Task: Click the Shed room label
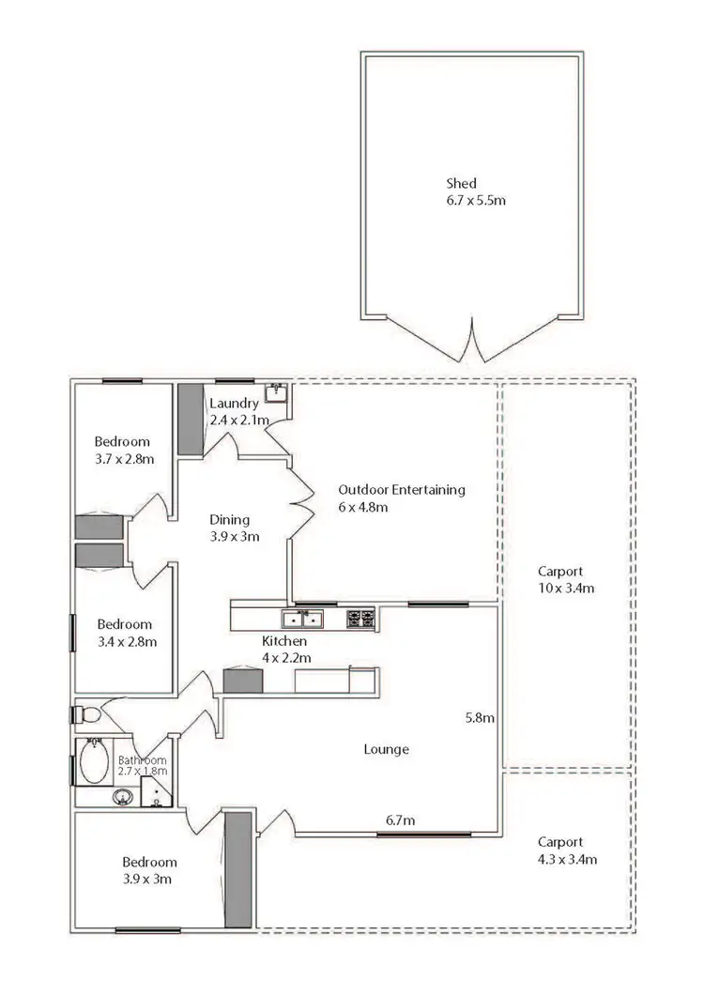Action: click(x=476, y=191)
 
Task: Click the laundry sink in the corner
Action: click(x=276, y=392)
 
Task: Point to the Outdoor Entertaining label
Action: click(x=402, y=497)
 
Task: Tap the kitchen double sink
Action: click(x=304, y=619)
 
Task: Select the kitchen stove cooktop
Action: click(x=360, y=619)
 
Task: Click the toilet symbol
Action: click(x=87, y=715)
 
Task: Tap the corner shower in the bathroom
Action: click(x=158, y=796)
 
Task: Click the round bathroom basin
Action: click(x=122, y=799)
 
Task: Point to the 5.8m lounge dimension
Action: click(x=480, y=718)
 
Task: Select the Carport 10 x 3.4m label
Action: click(x=566, y=579)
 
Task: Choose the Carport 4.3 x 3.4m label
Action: click(x=566, y=850)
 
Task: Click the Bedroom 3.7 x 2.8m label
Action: click(x=122, y=450)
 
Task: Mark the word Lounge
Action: click(x=386, y=749)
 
